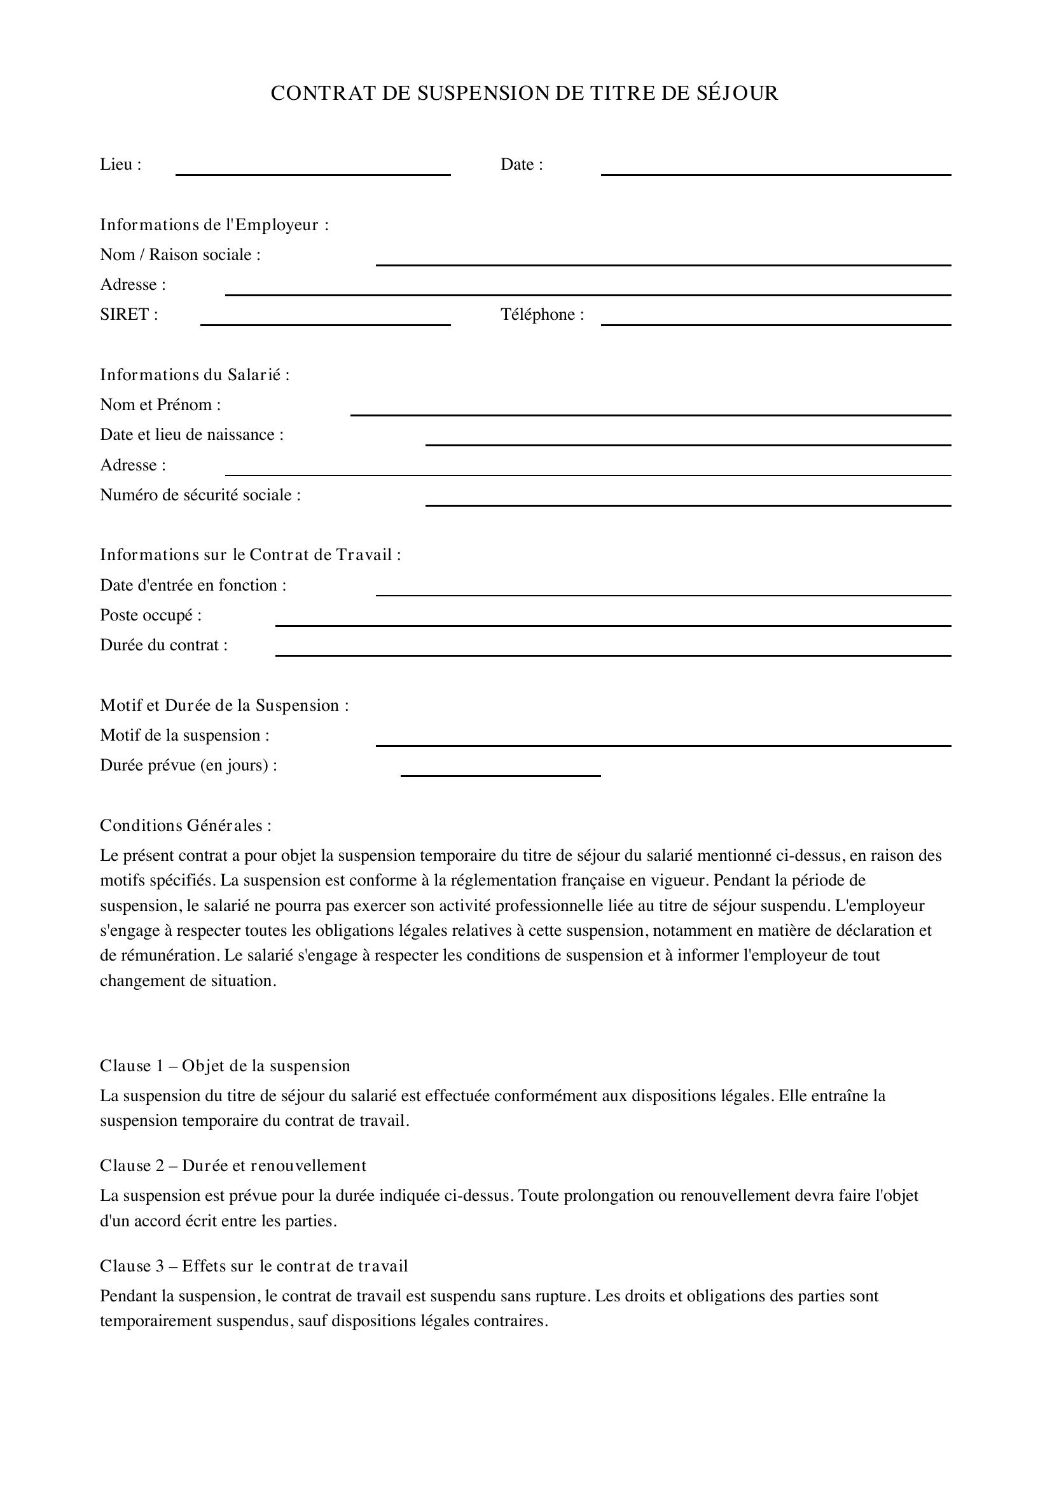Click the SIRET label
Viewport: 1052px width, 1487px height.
click(x=129, y=315)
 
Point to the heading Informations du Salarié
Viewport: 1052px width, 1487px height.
click(x=195, y=375)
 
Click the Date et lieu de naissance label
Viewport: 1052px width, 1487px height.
click(x=191, y=435)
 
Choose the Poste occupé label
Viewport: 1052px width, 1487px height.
click(x=150, y=615)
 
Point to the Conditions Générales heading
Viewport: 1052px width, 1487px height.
click(x=185, y=826)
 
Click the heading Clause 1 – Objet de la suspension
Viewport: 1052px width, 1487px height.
click(x=225, y=1066)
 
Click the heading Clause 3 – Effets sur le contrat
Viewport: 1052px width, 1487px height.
click(x=254, y=1266)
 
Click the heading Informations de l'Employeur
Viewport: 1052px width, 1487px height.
click(x=214, y=224)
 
